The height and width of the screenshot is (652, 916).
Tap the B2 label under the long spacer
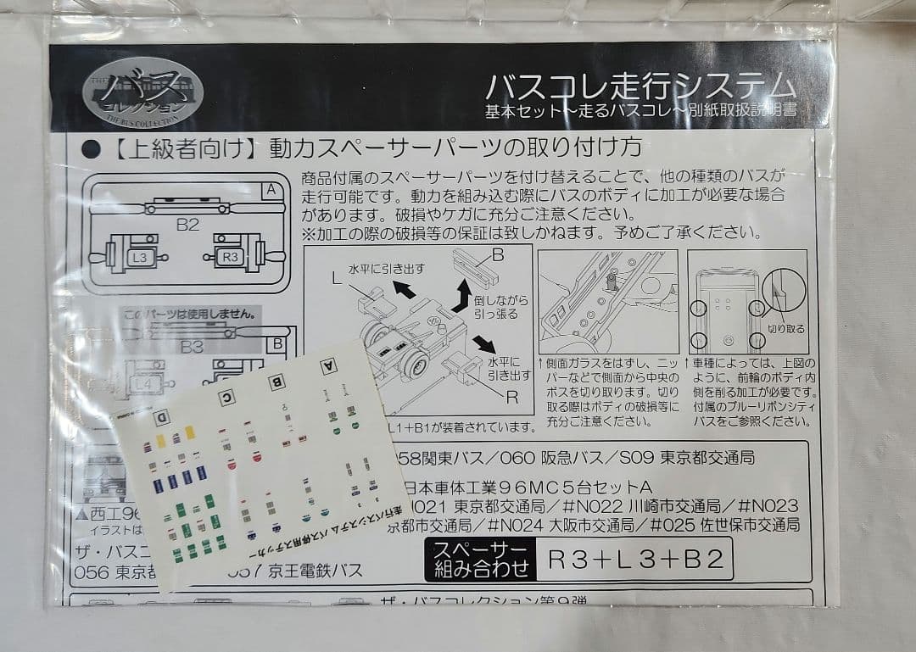coord(187,225)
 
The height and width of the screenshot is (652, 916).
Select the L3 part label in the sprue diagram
coord(140,256)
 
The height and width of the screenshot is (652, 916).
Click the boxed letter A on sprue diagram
coord(271,190)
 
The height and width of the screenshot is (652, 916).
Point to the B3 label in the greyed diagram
coord(192,346)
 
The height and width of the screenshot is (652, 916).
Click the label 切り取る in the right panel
coord(785,328)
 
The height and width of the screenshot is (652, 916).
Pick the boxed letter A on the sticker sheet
coord(327,366)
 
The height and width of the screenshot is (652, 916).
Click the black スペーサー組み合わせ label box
coord(480,560)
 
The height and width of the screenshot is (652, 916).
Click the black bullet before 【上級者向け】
coord(92,149)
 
